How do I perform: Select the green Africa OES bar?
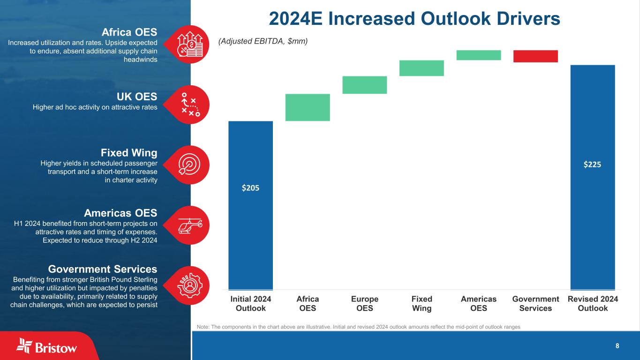[x=308, y=107]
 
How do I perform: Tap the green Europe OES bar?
[x=364, y=85]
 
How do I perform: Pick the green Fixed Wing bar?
[x=422, y=68]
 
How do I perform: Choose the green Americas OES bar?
[x=478, y=55]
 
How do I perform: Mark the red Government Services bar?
[x=535, y=56]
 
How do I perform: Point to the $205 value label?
[x=250, y=187]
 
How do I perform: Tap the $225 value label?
[x=593, y=165]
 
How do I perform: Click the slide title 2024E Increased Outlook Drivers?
[x=414, y=19]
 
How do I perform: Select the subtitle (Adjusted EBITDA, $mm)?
[x=263, y=41]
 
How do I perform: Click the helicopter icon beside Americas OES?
[x=190, y=225]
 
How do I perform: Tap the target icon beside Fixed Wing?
[x=190, y=165]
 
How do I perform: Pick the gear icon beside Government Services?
[x=190, y=285]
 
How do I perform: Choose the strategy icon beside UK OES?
[x=190, y=105]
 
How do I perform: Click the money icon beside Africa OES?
[x=190, y=45]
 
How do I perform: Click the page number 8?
[x=617, y=346]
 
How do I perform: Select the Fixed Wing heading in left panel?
[x=129, y=153]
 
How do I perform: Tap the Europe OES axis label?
[x=364, y=303]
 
